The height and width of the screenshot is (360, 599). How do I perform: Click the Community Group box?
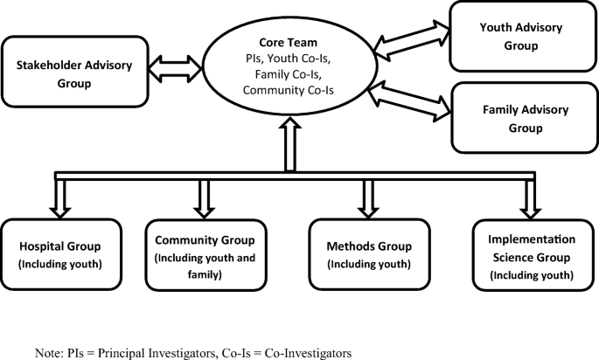[x=203, y=254]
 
